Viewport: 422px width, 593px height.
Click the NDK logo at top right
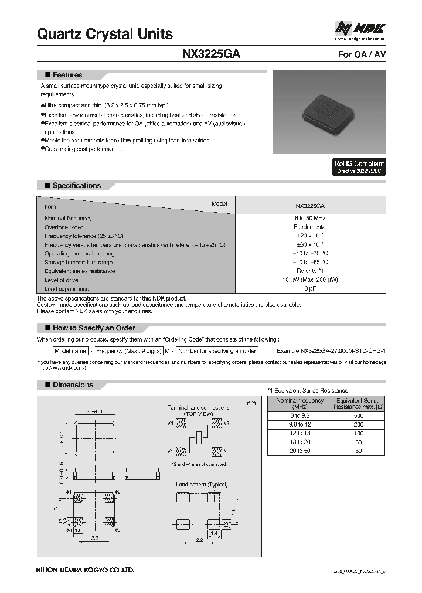360,28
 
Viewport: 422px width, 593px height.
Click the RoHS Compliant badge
359,167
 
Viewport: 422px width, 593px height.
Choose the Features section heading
67,75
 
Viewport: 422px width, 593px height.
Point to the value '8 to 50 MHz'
310,218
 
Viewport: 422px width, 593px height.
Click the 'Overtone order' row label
63,227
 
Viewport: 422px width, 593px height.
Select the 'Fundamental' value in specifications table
310,227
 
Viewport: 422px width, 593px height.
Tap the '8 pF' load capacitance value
310,289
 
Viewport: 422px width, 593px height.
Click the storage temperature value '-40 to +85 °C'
310,263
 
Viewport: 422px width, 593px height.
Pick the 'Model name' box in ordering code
70,350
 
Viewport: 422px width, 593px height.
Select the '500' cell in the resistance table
358,415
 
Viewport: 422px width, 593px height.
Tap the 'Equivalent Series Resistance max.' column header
358,403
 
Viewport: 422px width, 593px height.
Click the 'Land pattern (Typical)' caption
202,485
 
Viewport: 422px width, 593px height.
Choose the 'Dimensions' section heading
72,385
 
